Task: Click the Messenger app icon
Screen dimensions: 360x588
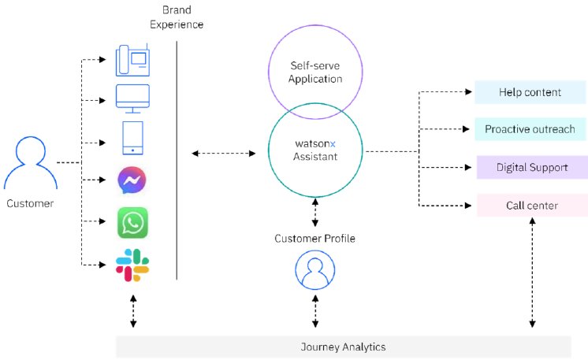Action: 132,181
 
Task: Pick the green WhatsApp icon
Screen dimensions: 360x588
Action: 132,222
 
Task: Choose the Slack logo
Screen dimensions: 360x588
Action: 132,265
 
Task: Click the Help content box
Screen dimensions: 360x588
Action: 530,92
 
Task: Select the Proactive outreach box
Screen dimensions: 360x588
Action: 530,129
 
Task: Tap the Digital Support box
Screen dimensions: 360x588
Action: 530,167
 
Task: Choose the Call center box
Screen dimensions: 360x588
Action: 530,206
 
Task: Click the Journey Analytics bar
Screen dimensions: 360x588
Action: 343,347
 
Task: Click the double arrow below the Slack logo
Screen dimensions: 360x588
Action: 132,311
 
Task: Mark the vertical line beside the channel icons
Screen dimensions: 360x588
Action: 177,158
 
